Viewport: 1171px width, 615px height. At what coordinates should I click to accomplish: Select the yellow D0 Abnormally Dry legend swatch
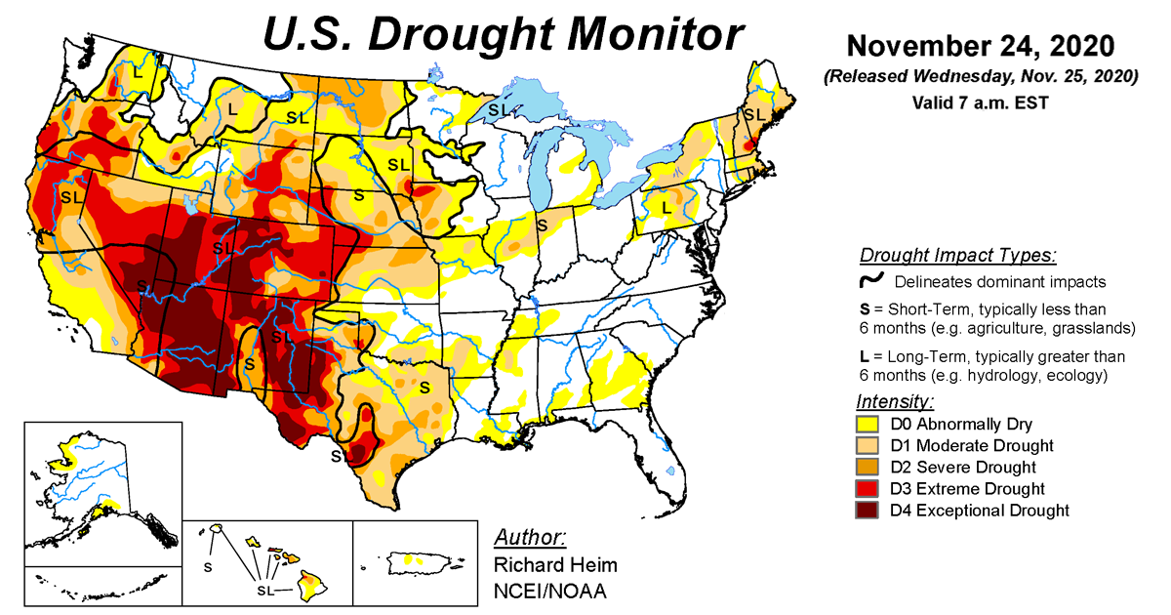click(x=868, y=424)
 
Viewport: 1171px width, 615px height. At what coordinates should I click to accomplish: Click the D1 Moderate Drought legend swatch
click(x=868, y=445)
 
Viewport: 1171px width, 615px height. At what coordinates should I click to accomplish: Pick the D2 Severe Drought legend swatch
click(x=868, y=467)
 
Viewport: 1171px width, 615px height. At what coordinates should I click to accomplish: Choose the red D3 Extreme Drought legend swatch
click(x=868, y=488)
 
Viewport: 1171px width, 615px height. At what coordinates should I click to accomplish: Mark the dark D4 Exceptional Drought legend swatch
click(x=868, y=510)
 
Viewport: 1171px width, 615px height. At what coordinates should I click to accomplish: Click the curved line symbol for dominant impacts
click(x=871, y=281)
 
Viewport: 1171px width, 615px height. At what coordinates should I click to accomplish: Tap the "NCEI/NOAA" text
click(x=547, y=590)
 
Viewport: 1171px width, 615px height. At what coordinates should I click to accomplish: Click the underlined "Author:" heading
click(x=530, y=538)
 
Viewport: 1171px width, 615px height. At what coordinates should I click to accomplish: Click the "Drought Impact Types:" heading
click(x=957, y=256)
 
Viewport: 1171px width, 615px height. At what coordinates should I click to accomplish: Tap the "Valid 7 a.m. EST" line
click(x=980, y=102)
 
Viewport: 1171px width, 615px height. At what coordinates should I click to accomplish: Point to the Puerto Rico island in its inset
click(x=418, y=562)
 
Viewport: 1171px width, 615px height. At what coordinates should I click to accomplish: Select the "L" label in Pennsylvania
click(x=666, y=208)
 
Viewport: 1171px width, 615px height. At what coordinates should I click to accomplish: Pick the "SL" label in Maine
click(x=754, y=114)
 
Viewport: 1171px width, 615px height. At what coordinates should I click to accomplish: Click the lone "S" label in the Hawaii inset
click(x=207, y=565)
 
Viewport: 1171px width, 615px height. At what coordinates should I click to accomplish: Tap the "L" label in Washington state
click(x=138, y=70)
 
